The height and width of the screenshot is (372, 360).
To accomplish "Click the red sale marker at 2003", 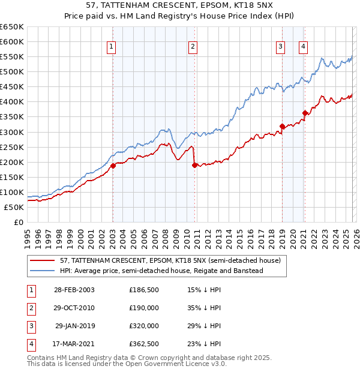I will [113, 166].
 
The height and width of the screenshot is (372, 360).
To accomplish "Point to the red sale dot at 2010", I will [194, 165].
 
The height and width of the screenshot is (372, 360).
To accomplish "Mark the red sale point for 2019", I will [281, 126].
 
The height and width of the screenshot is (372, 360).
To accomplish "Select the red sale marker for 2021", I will [305, 113].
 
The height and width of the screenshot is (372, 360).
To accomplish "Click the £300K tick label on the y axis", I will [12, 132].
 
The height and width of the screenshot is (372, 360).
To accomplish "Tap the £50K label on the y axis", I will [14, 207].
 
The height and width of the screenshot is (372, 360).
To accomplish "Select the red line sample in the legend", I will [43, 260].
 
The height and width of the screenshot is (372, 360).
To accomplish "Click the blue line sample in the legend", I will [43, 271].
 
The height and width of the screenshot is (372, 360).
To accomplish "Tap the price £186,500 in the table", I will [144, 290].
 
